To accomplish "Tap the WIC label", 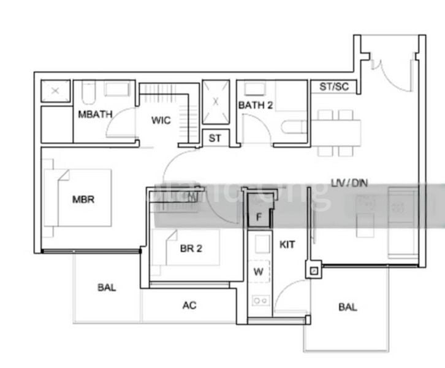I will click(x=161, y=120).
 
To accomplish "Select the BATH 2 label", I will click(x=256, y=105).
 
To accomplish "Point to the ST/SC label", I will click(x=334, y=86).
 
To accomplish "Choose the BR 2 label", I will click(x=191, y=248).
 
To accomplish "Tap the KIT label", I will click(x=287, y=245).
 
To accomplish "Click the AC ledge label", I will click(x=189, y=305).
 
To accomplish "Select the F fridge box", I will click(x=259, y=217).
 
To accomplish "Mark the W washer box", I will click(x=259, y=270).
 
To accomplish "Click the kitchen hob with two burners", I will click(x=261, y=301).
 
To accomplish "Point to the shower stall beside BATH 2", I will click(x=215, y=102).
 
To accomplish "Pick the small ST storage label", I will click(x=215, y=139).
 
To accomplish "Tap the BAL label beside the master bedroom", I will click(x=106, y=287).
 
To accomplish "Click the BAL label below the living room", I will click(x=348, y=307).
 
